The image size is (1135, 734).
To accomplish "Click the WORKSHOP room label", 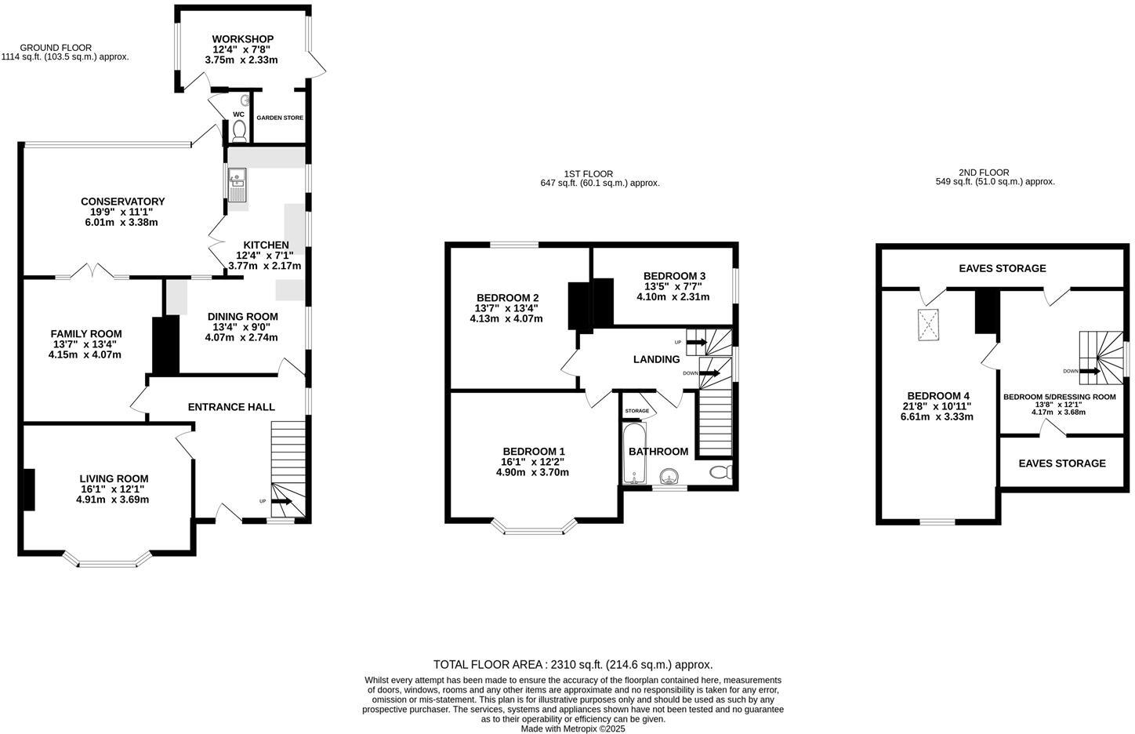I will pyautogui.click(x=242, y=39).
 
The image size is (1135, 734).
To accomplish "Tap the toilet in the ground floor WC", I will pyautogui.click(x=239, y=130).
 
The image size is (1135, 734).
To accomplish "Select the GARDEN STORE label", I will pyautogui.click(x=280, y=118).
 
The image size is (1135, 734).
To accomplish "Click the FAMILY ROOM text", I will pyautogui.click(x=86, y=333).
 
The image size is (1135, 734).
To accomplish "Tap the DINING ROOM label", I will pyautogui.click(x=242, y=317).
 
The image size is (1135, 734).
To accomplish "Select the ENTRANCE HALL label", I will pyautogui.click(x=231, y=407).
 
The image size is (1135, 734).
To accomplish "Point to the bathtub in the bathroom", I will pyautogui.click(x=633, y=453).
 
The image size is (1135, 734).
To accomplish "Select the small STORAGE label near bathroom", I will pyautogui.click(x=636, y=411).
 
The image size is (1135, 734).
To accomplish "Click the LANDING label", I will pyautogui.click(x=656, y=359).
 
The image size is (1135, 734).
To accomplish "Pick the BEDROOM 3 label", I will pyautogui.click(x=674, y=276).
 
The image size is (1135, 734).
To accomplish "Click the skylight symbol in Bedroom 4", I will pyautogui.click(x=929, y=325).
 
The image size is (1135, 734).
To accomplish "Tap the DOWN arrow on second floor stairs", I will pyautogui.click(x=1090, y=371).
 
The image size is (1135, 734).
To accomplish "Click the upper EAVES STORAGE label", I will pyautogui.click(x=1002, y=268).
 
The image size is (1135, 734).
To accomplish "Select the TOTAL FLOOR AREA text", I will pyautogui.click(x=573, y=664).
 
